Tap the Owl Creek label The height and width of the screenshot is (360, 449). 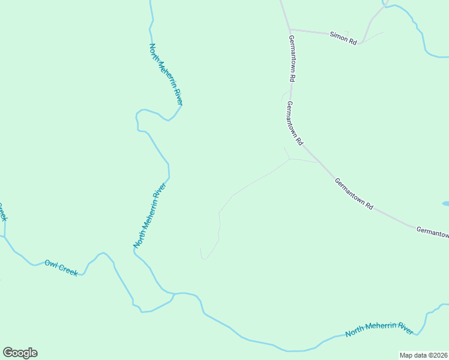click(61, 268)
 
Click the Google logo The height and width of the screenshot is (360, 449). click(20, 353)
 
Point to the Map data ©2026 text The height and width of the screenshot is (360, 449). click(423, 355)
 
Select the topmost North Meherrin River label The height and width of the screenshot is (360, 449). click(166, 74)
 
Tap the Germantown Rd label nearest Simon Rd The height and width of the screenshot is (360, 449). click(292, 58)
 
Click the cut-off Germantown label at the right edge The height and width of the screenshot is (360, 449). click(432, 232)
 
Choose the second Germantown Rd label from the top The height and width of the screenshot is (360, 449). click(294, 123)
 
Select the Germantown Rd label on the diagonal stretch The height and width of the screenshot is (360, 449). click(354, 193)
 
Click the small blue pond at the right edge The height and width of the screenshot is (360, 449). click(445, 204)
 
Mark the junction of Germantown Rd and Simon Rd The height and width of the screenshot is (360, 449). click(290, 29)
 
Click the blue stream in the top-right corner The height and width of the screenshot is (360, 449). click(414, 24)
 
